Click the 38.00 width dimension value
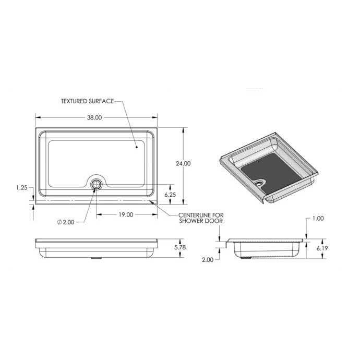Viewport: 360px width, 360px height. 94,117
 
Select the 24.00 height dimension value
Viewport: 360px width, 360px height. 183,163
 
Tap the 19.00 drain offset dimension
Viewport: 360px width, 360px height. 126,214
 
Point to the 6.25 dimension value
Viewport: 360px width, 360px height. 170,195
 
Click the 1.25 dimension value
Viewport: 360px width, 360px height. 22,188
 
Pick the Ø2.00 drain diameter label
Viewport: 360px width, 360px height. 66,222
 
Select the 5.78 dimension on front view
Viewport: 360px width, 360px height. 180,247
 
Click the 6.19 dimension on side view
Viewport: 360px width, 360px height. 322,248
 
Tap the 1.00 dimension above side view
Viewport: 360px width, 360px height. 318,218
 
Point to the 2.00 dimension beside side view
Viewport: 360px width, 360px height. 208,260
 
